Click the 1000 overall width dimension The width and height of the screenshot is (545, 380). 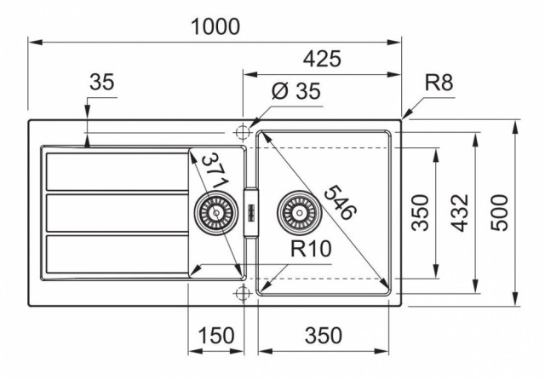(215, 26)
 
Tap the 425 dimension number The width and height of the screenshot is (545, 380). (322, 59)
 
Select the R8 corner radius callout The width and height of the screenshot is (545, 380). (439, 83)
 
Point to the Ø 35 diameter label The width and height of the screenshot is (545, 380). (296, 91)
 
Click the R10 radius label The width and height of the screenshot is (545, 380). (311, 249)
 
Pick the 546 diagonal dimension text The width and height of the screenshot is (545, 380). (340, 203)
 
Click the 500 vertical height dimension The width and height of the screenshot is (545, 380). (499, 213)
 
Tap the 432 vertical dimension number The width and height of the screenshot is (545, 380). (460, 213)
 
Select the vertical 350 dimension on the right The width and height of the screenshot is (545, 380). (420, 213)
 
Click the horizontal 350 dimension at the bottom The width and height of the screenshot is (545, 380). (324, 336)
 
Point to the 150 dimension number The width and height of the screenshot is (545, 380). (215, 336)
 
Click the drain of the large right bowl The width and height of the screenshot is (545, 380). (299, 212)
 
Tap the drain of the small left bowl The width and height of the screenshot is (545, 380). (216, 212)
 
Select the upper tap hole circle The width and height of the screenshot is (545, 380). (243, 132)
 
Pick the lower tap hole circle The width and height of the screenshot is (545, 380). (243, 293)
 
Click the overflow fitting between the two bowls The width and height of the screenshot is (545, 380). (251, 212)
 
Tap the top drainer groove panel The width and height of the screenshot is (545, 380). (118, 172)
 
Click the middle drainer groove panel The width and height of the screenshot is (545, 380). (118, 213)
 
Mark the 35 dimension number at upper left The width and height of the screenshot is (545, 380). (101, 83)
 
